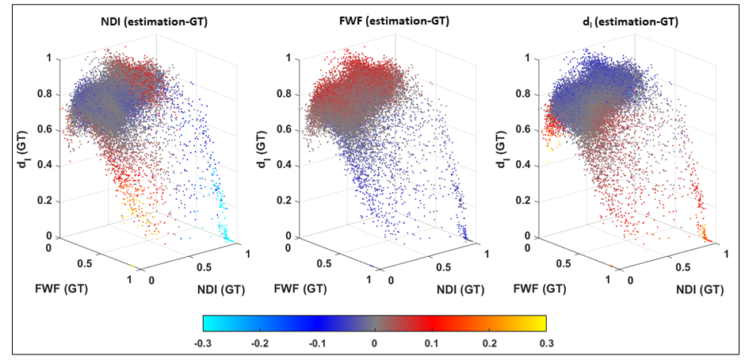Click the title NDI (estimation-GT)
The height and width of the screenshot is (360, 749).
155,22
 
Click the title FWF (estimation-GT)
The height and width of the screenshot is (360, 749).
396,22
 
